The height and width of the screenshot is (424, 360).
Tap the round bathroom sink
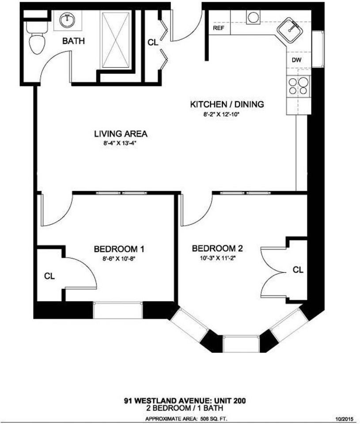click(68, 19)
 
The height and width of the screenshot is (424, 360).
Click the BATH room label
click(73, 41)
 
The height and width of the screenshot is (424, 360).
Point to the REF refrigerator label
click(218, 28)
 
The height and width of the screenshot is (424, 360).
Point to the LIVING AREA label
click(120, 133)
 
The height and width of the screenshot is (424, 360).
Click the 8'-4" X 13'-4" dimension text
click(121, 143)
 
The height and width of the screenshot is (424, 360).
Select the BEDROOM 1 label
click(119, 250)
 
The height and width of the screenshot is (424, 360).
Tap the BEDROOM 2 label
click(217, 248)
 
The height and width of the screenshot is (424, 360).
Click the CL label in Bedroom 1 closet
click(49, 276)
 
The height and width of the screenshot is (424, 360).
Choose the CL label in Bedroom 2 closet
click(298, 269)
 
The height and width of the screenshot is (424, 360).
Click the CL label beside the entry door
click(153, 43)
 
